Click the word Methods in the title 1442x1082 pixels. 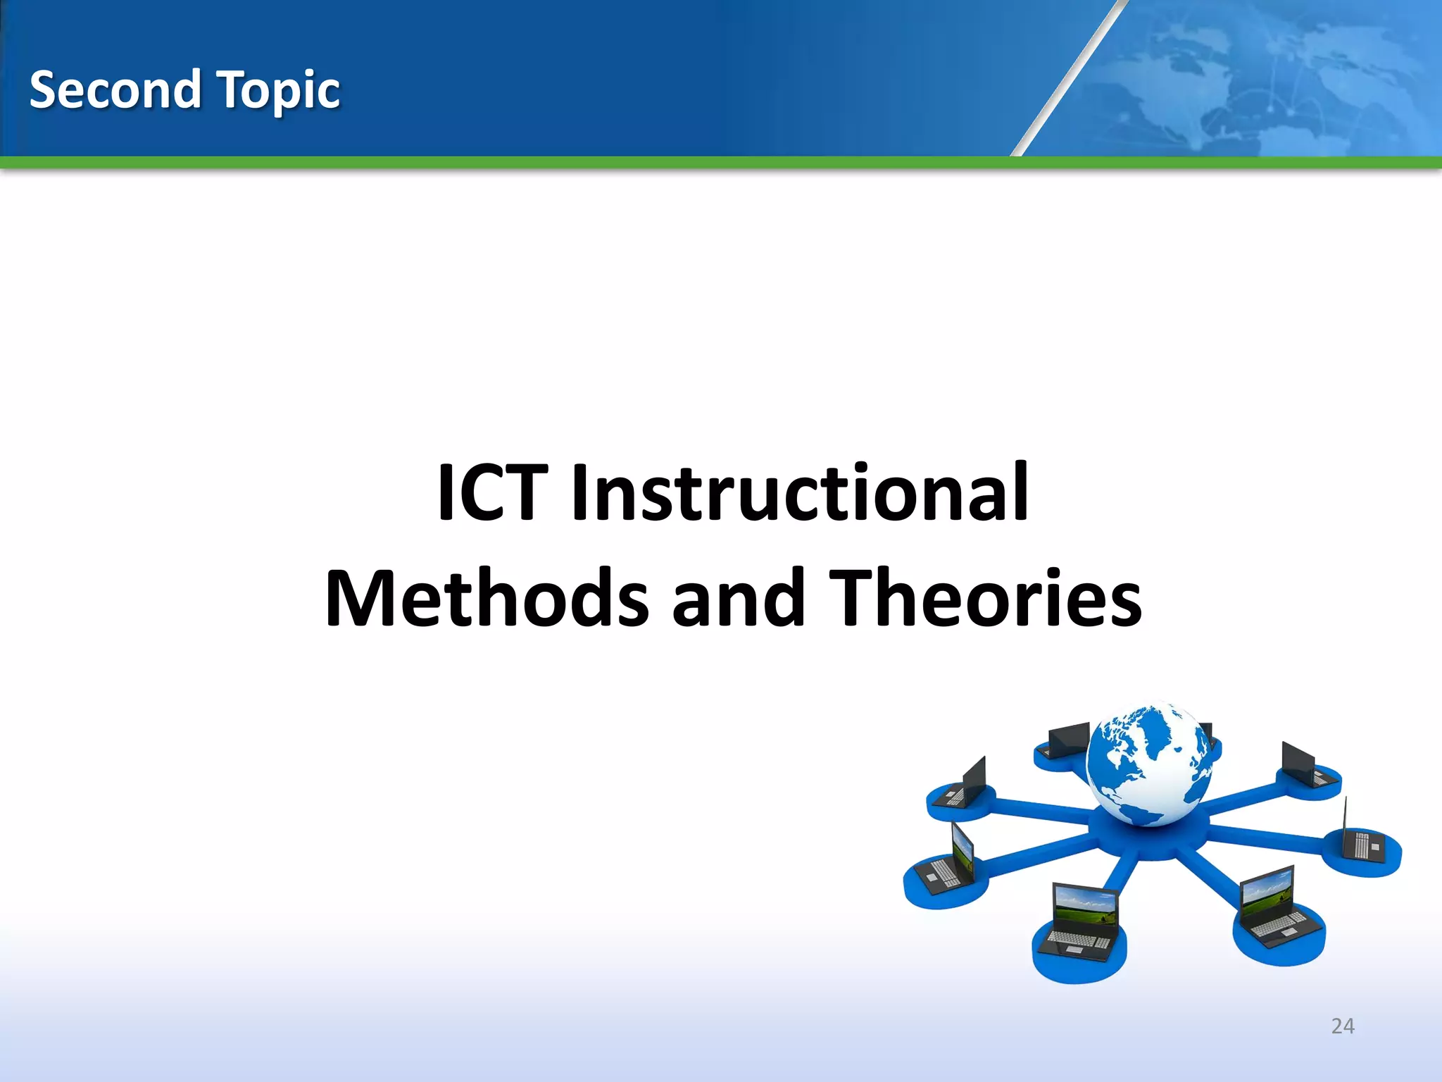point(486,599)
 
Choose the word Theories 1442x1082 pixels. point(986,599)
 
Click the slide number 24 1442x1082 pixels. point(1343,1026)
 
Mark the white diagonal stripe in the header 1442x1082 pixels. point(1067,77)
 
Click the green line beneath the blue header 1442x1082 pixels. point(721,163)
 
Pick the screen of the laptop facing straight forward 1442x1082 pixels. point(1085,904)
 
